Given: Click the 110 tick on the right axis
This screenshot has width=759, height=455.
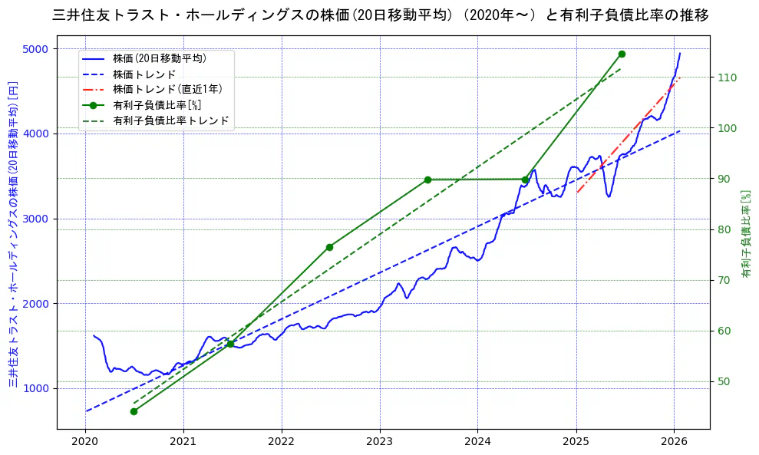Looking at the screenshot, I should pyautogui.click(x=727, y=77).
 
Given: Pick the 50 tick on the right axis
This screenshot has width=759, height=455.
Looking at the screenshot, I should pyautogui.click(x=724, y=381).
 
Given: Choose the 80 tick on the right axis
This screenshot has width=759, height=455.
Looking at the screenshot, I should pyautogui.click(x=724, y=229).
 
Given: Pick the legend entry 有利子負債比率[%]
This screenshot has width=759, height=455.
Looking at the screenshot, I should pyautogui.click(x=157, y=105).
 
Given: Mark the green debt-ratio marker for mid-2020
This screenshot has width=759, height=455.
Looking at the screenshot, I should pyautogui.click(x=134, y=411).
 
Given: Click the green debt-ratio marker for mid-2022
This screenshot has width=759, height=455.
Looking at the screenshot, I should pyautogui.click(x=329, y=247).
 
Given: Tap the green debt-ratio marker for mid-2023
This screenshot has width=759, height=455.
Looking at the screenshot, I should pyautogui.click(x=427, y=180).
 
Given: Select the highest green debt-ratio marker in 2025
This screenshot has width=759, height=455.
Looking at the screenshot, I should pyautogui.click(x=622, y=54).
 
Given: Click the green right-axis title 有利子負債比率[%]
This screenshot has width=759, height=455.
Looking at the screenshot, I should pyautogui.click(x=745, y=234).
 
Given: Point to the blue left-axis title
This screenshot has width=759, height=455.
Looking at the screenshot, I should pyautogui.click(x=13, y=234).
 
